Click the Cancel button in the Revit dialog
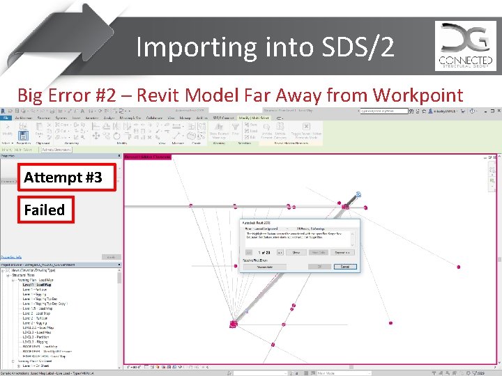pyautogui.click(x=344, y=267)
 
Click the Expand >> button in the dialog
pyautogui.click(x=343, y=252)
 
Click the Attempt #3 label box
pyautogui.click(x=63, y=178)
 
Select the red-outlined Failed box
pyautogui.click(x=44, y=210)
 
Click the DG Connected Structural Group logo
pyautogui.click(x=465, y=45)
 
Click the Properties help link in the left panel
pyautogui.click(x=14, y=257)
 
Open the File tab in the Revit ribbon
pyautogui.click(x=5, y=118)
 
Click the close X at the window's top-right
pyautogui.click(x=496, y=111)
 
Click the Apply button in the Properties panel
pyautogui.click(x=109, y=257)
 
